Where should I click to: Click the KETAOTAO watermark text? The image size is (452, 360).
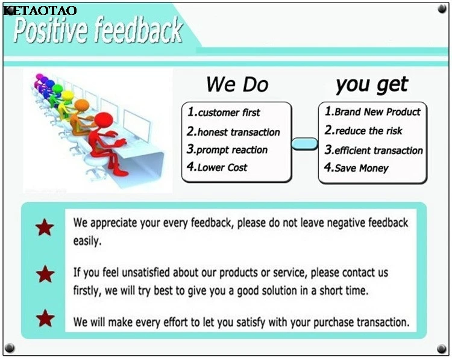pos(40,10)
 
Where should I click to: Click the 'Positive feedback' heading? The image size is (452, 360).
pos(98,29)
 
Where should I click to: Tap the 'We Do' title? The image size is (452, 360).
pos(237,84)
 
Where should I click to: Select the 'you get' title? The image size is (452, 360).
pos(372,85)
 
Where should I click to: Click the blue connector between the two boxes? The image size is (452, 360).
pos(305,144)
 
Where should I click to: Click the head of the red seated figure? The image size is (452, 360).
pos(104,121)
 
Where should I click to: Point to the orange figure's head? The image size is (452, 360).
pos(81,105)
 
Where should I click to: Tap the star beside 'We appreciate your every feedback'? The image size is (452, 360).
pos(45,227)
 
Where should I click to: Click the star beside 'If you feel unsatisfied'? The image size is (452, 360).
pos(45,274)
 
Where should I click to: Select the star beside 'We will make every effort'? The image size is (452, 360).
pos(45,318)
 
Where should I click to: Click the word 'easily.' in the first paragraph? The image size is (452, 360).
pos(87,241)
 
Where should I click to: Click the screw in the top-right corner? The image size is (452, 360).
pos(442,9)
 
